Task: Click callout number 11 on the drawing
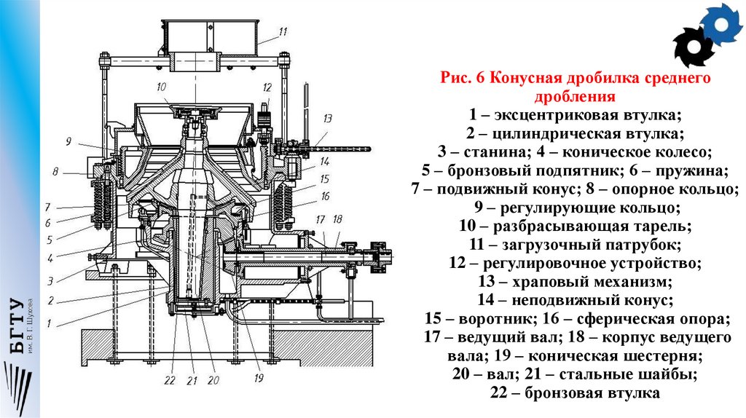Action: click(x=283, y=31)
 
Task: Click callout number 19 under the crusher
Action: click(x=258, y=378)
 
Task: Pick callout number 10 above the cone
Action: click(x=161, y=87)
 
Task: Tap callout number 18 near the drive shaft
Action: click(x=337, y=219)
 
